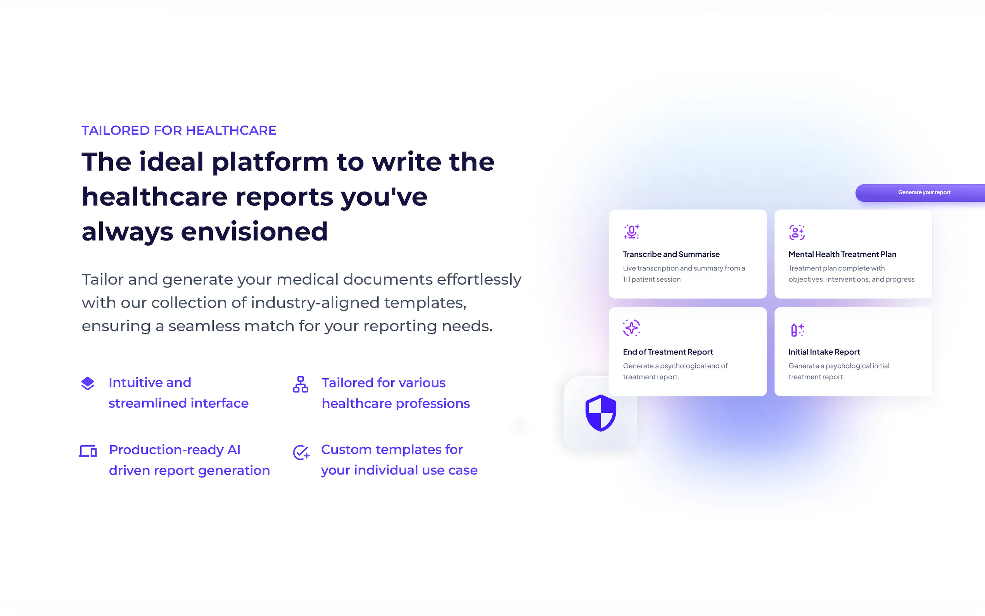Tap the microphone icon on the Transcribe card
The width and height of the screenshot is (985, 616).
tap(632, 232)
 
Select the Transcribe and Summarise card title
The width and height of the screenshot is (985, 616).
tap(671, 254)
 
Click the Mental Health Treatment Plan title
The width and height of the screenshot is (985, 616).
tap(842, 254)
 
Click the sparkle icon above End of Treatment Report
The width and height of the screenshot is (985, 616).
tap(632, 328)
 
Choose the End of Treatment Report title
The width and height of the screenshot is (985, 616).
tap(668, 352)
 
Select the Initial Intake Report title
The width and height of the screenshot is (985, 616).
tap(824, 352)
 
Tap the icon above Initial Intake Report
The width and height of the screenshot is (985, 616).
tap(797, 330)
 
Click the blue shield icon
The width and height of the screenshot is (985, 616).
tap(601, 413)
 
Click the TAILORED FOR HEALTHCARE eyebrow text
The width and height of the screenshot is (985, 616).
tap(179, 130)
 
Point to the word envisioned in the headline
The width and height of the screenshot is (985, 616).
tap(254, 232)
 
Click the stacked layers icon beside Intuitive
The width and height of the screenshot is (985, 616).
tap(88, 383)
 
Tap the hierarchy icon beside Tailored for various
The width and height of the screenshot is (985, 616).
tap(301, 384)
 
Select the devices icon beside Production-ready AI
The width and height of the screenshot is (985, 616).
tap(88, 451)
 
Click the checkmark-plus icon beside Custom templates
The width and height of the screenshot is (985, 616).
tap(301, 452)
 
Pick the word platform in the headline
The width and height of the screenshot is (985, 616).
tap(270, 163)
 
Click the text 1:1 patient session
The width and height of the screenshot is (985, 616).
tap(651, 279)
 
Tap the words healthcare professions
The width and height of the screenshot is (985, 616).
tap(396, 403)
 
